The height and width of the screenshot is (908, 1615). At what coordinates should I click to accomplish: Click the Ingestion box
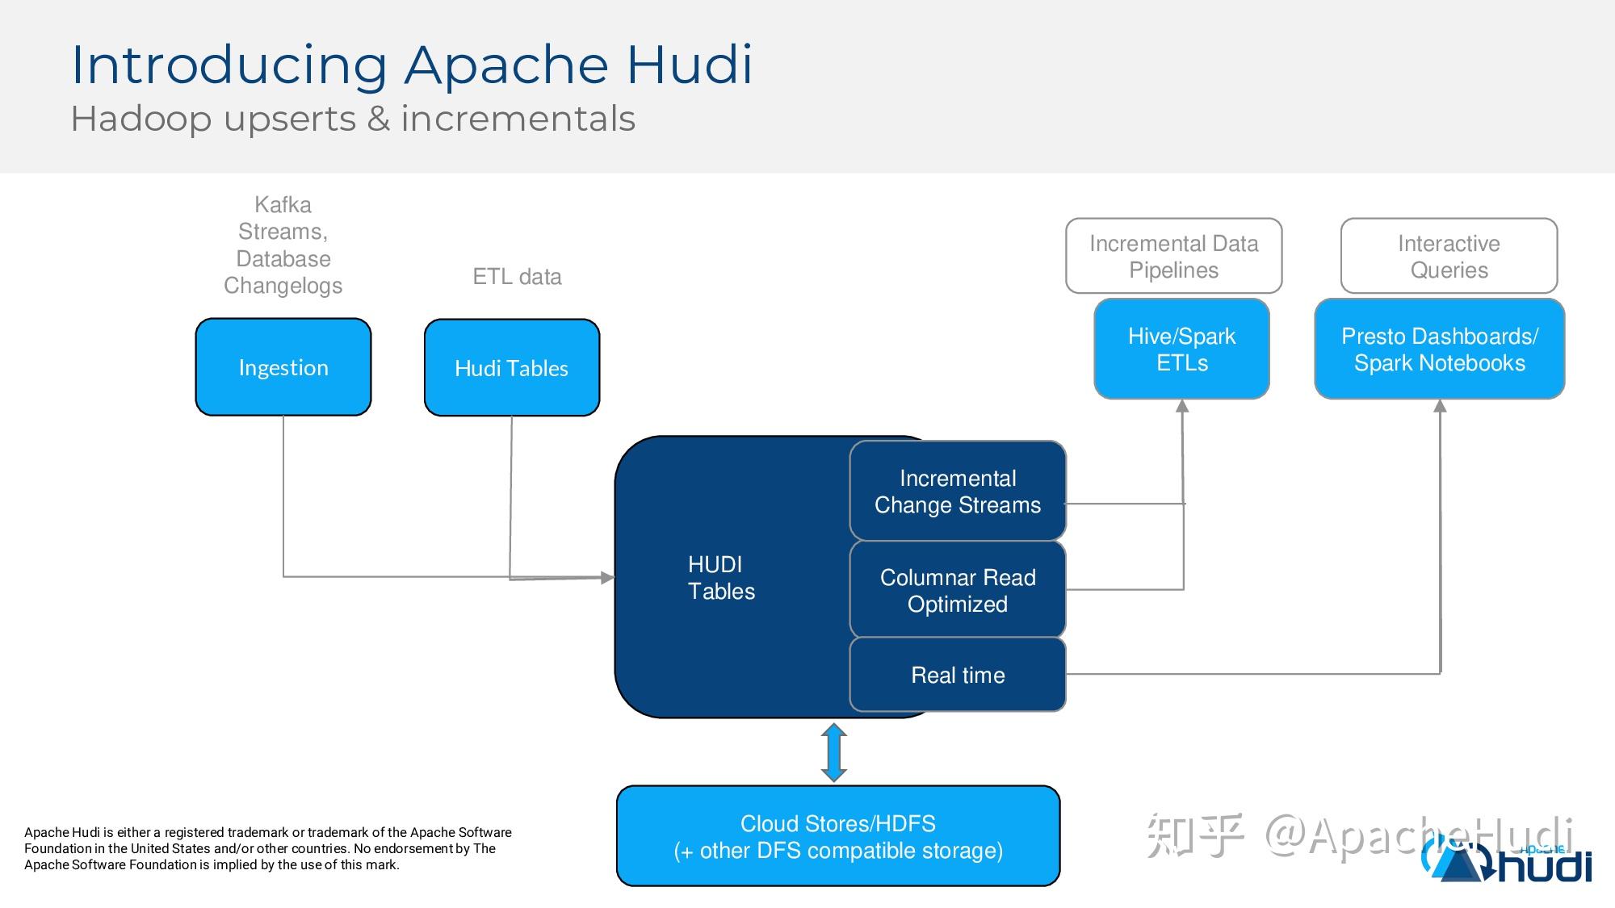[x=283, y=367]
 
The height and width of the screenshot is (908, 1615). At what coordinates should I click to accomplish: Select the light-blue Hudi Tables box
[x=512, y=368]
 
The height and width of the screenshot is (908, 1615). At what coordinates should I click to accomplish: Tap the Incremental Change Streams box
[x=958, y=491]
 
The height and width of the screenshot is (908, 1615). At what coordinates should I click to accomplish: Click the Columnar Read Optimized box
[x=958, y=590]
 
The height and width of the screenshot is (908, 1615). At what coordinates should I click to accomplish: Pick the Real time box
[x=958, y=675]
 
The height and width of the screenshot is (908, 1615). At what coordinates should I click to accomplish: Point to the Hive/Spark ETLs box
[x=1181, y=349]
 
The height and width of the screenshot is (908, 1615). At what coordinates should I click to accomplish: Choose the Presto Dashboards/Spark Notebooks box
[x=1439, y=349]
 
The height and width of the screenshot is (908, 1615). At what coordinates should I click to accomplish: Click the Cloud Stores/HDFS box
[x=838, y=836]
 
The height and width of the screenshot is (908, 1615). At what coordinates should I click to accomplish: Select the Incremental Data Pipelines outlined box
[x=1173, y=256]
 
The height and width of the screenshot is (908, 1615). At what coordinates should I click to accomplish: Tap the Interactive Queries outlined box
[x=1449, y=256]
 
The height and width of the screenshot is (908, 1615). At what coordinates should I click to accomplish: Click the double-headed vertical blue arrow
[x=833, y=752]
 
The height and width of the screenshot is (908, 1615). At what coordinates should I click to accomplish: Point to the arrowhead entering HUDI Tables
[x=607, y=577]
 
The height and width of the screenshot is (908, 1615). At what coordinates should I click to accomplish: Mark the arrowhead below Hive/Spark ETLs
[x=1182, y=407]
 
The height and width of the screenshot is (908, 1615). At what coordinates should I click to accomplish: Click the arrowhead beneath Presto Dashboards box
[x=1440, y=407]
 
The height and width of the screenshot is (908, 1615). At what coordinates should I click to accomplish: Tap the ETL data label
[x=517, y=277]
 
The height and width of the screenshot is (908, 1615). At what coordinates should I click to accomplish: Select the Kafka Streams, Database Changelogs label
[x=283, y=245]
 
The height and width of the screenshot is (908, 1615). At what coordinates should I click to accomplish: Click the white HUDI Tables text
[x=720, y=578]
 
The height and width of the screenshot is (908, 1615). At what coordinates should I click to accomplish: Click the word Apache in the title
[x=505, y=65]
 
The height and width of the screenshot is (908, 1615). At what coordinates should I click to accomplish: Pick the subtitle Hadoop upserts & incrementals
[x=353, y=119]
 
